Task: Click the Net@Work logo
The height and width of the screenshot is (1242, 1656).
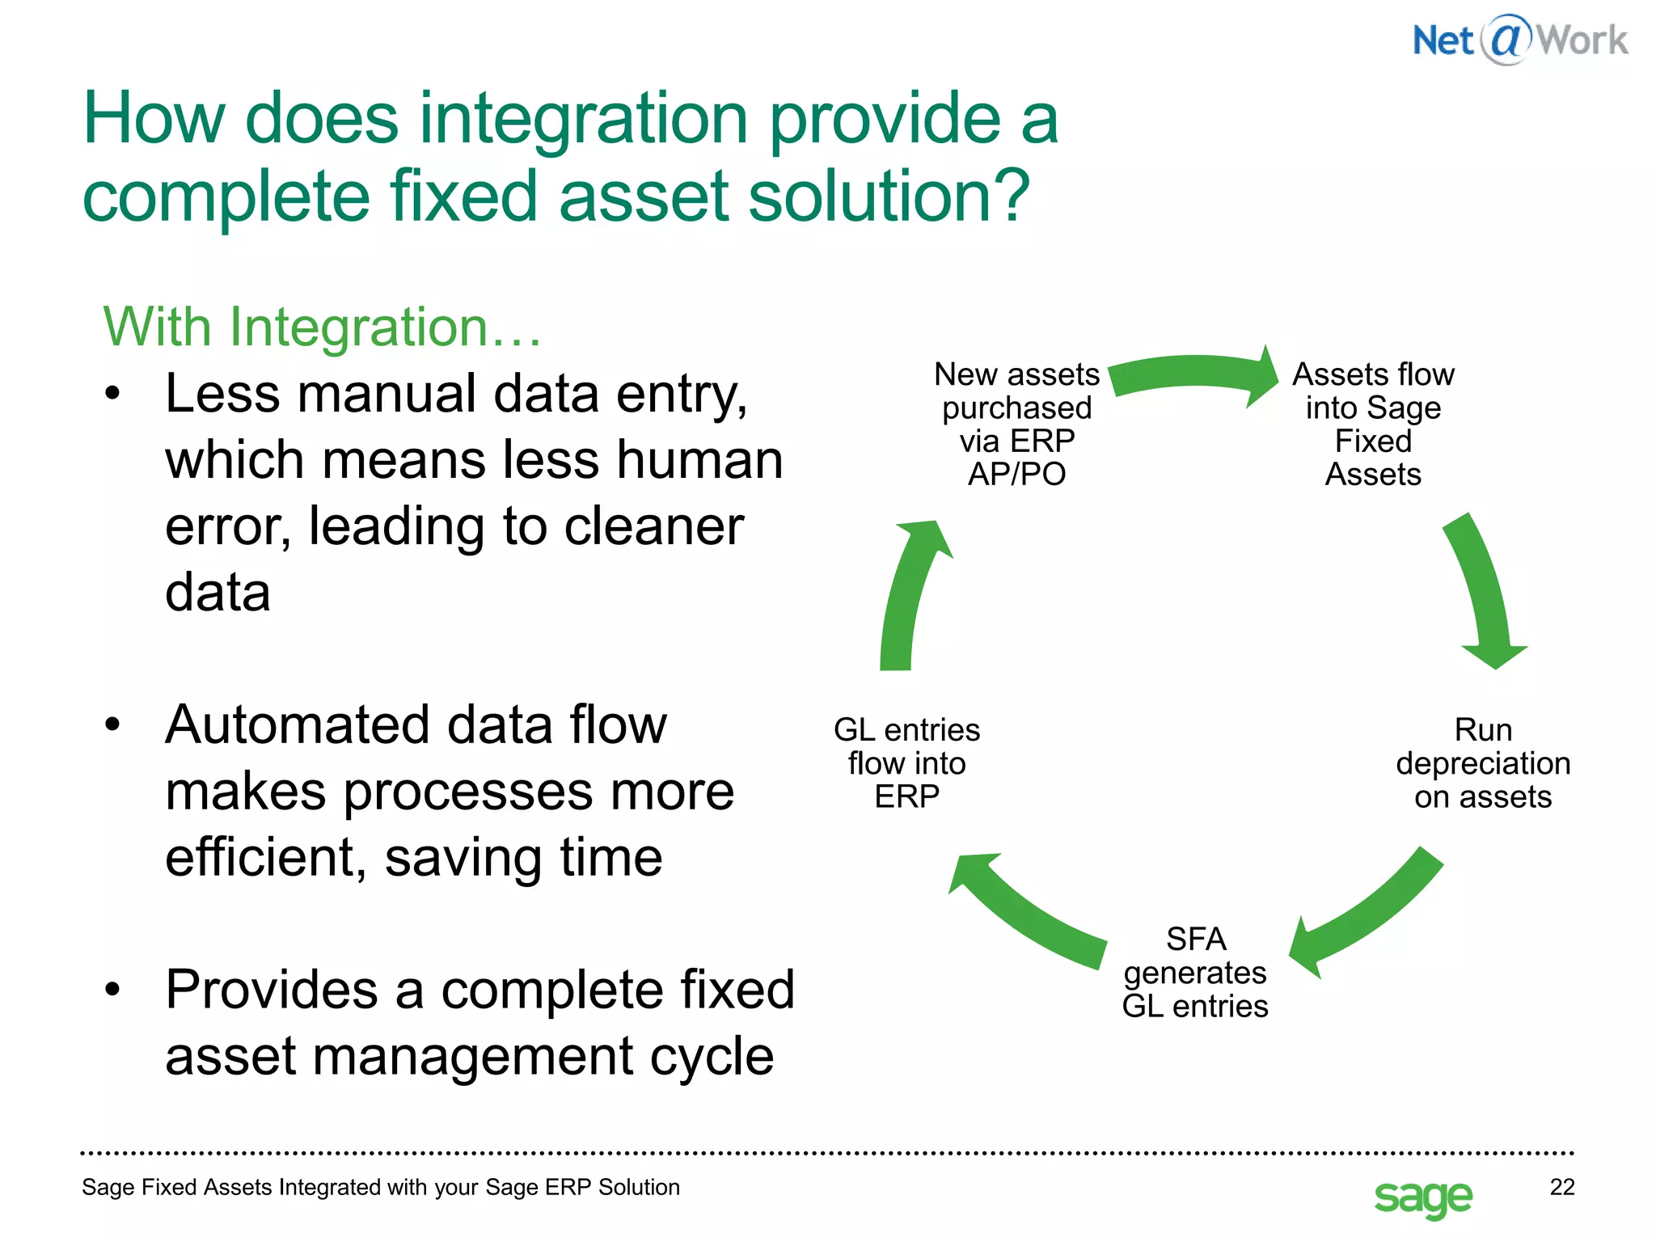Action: click(1519, 40)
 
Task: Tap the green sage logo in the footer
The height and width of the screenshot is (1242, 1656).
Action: click(1422, 1197)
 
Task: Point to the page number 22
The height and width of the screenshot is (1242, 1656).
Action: click(1561, 1186)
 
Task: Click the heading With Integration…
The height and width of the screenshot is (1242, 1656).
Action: click(322, 327)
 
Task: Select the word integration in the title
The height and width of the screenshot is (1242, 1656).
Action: click(583, 120)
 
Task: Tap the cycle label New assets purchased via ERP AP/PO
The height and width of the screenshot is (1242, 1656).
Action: click(1016, 424)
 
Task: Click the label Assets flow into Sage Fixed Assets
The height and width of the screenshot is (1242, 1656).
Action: click(1373, 424)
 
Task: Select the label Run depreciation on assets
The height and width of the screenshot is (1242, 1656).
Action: click(1482, 763)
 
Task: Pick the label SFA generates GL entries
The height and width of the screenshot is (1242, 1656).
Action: click(1194, 973)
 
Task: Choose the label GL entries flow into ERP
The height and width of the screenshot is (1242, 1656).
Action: click(906, 763)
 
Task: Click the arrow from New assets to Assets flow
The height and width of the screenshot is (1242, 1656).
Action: click(1192, 376)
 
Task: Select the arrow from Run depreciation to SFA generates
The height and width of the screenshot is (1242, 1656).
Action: click(1367, 914)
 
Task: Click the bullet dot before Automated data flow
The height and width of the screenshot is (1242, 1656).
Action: click(112, 724)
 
